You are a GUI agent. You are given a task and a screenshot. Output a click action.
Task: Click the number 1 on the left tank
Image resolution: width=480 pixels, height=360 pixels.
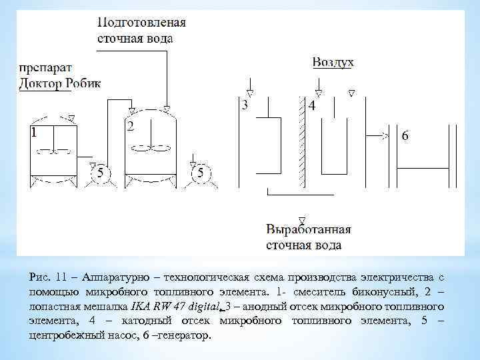(x=33, y=133)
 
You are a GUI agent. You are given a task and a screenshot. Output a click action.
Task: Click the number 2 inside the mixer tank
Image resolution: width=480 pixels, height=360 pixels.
(x=131, y=126)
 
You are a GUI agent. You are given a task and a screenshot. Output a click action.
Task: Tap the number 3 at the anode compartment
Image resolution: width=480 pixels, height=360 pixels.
(x=245, y=105)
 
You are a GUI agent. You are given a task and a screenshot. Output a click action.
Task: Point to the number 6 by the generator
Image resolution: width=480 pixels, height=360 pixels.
(x=405, y=135)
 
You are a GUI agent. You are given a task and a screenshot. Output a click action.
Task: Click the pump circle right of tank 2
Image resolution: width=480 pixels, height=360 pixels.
(x=199, y=173)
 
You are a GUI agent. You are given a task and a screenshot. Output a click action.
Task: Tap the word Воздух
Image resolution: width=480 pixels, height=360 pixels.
(x=333, y=62)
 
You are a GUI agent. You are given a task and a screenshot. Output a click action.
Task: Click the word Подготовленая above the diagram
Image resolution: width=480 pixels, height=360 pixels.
(x=141, y=22)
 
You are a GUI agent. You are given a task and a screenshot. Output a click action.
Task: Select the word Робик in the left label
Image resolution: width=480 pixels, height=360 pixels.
(x=83, y=83)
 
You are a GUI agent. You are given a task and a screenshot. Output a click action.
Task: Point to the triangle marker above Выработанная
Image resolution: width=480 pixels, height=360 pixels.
(x=302, y=221)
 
